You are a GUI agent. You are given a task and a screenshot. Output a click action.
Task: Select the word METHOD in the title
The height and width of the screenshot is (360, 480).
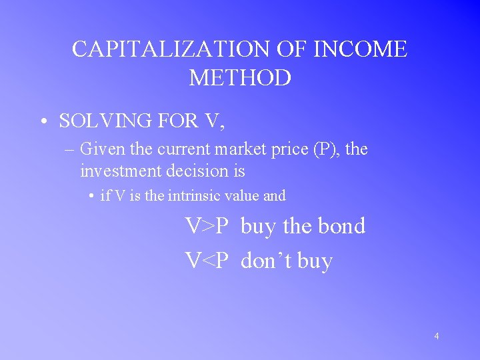(240, 78)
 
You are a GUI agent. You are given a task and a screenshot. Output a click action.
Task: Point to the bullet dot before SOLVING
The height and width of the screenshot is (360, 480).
(43, 121)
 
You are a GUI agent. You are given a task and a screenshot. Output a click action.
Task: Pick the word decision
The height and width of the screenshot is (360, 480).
(197, 171)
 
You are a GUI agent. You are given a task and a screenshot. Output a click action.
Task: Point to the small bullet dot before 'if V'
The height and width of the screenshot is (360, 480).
(91, 196)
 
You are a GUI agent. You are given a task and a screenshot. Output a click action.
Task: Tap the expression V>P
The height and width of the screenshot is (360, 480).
(207, 226)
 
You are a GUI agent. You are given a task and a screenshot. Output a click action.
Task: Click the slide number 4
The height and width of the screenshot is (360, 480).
(437, 336)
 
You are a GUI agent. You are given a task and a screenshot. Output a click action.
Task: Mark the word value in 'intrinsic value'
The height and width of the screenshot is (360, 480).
(242, 196)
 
